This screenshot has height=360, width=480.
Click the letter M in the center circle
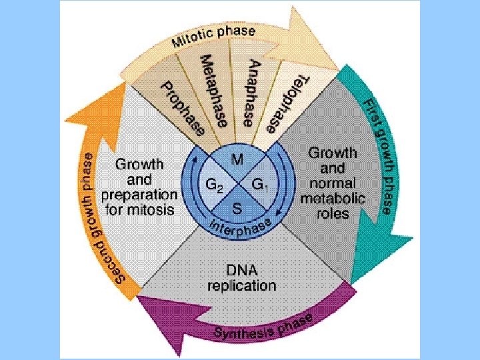coord(237,159)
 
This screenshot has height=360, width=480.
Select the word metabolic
coord(333,198)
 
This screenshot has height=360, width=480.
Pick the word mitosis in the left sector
coord(153,209)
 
